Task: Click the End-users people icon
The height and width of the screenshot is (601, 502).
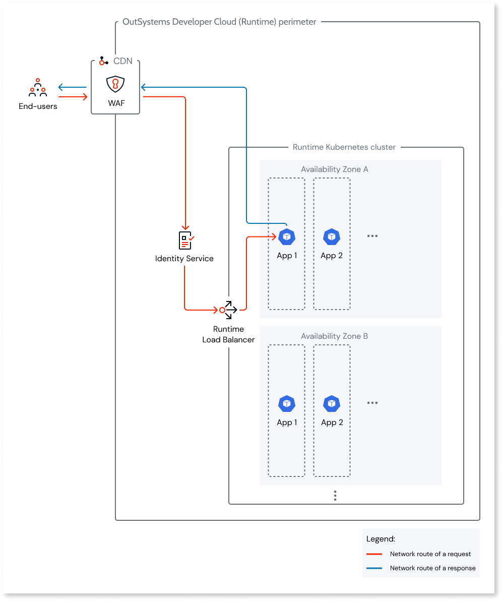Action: click(x=38, y=88)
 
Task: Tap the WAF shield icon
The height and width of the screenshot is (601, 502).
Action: click(x=115, y=84)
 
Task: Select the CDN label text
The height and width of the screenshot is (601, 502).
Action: click(x=122, y=61)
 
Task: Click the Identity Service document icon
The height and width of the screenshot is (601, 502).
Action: click(x=186, y=241)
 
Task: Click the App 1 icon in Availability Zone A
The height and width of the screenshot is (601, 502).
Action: click(x=287, y=236)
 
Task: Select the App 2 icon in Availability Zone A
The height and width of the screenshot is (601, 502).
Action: click(x=332, y=236)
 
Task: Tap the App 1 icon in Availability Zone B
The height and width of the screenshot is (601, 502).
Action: click(x=287, y=403)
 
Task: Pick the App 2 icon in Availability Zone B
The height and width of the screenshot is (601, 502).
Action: click(x=332, y=403)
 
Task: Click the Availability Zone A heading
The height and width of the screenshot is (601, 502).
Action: click(x=335, y=169)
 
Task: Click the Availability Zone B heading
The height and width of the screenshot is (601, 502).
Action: click(x=335, y=336)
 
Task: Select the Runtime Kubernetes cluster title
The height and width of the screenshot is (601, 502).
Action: click(x=344, y=147)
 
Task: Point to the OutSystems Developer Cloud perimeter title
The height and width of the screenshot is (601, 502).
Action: click(x=219, y=22)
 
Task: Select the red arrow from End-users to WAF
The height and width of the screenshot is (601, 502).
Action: click(x=73, y=97)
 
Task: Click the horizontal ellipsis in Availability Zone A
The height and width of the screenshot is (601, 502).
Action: click(x=372, y=236)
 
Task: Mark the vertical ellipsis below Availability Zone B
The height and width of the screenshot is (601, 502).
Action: click(x=335, y=496)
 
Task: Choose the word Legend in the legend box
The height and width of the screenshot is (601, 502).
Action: click(x=381, y=539)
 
